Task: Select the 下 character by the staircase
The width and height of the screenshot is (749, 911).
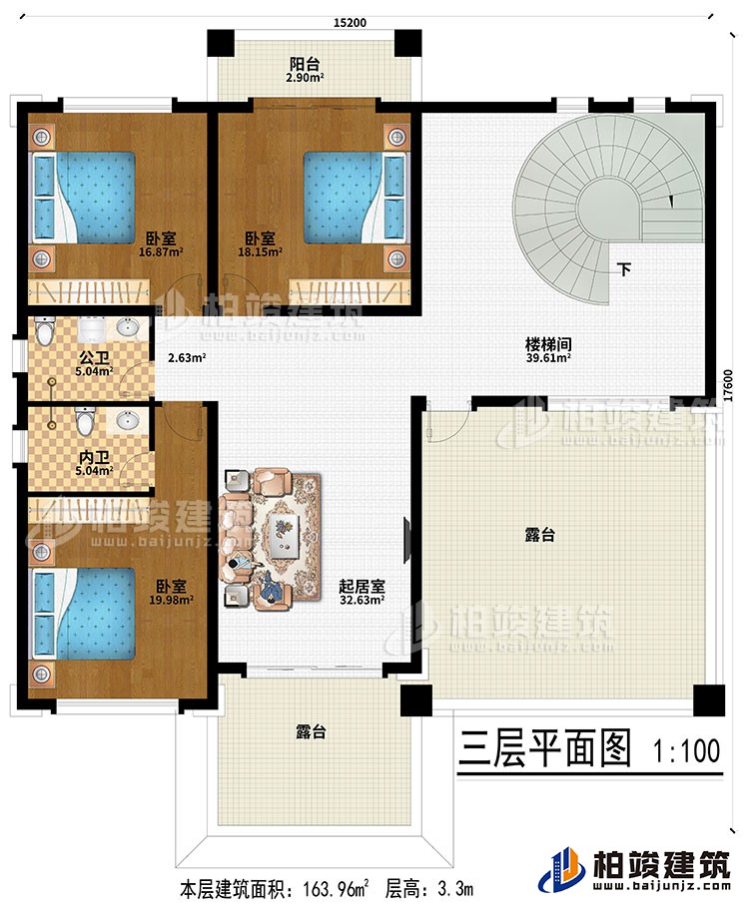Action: (623, 269)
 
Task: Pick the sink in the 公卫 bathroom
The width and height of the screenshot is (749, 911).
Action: (128, 328)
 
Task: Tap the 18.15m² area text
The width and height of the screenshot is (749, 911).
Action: (266, 252)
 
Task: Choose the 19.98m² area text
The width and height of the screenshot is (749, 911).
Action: (170, 601)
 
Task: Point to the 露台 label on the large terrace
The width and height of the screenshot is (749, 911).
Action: (540, 536)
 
